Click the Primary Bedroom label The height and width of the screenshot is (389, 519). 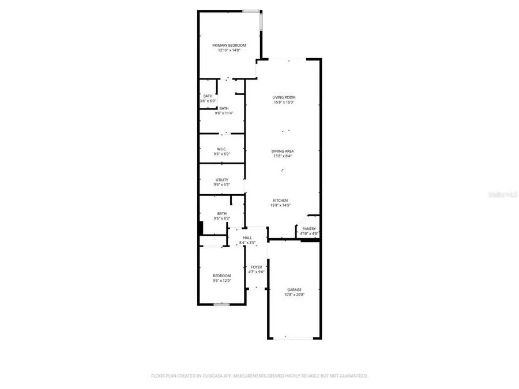click(x=229, y=46)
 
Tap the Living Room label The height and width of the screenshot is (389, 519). click(x=284, y=97)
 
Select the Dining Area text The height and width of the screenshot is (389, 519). click(x=283, y=151)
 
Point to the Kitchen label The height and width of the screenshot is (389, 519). click(x=280, y=200)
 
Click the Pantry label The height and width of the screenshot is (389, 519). click(x=309, y=228)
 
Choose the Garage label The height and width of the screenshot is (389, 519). click(x=294, y=290)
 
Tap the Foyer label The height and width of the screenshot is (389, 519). click(x=256, y=267)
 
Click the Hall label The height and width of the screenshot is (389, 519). click(x=247, y=237)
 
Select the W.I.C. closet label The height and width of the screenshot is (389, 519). click(x=221, y=149)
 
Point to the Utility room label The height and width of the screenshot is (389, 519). click(x=221, y=180)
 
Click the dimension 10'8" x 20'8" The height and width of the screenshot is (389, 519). click(x=294, y=295)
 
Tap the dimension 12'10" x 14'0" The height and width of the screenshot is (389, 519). click(x=229, y=51)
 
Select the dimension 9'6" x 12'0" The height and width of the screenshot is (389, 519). click(x=221, y=281)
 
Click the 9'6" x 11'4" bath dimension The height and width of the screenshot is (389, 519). click(x=223, y=114)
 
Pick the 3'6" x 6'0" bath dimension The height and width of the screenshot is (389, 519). click(x=208, y=101)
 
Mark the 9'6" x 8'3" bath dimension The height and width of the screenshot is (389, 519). click(x=221, y=218)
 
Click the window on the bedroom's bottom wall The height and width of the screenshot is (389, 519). click(x=221, y=304)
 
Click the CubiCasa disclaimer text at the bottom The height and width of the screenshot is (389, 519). click(x=259, y=376)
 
